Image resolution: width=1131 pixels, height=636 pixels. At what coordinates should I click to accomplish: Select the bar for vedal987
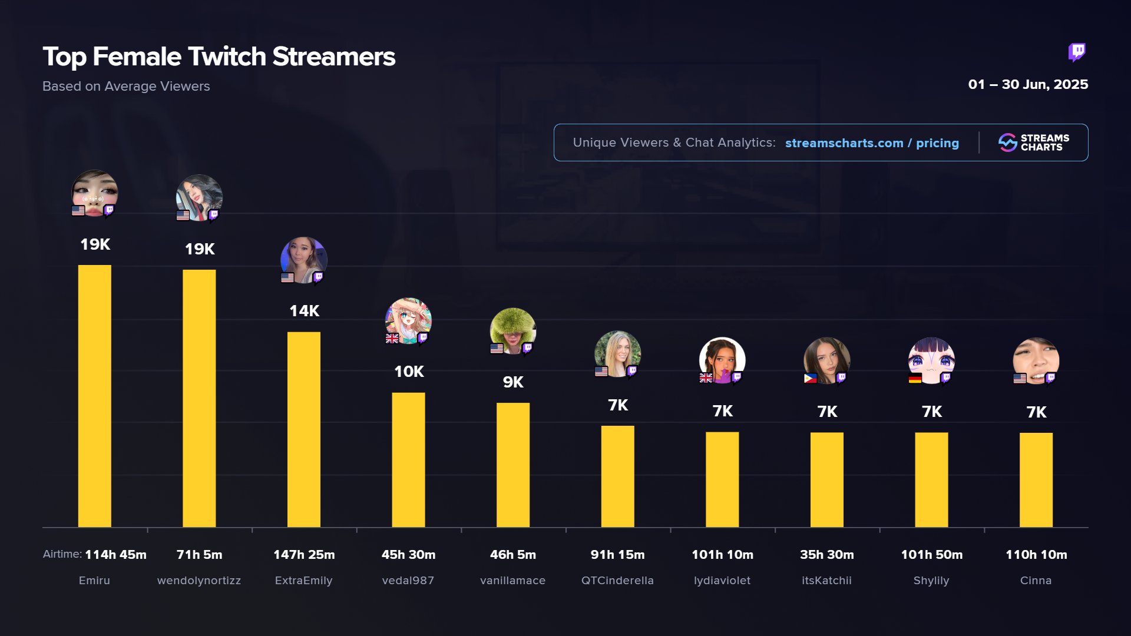[x=408, y=459]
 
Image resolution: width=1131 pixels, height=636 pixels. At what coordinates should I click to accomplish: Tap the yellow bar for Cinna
[x=1036, y=479]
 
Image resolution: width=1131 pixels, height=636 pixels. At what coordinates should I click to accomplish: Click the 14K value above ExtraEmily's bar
[x=304, y=311]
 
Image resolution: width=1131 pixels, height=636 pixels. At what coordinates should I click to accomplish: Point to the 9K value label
[x=513, y=382]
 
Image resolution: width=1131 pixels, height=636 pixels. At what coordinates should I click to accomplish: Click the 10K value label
[x=409, y=372]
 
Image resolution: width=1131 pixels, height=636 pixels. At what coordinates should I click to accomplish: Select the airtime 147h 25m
[x=304, y=555]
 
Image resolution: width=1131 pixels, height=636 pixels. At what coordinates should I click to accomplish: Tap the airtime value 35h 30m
[x=826, y=555]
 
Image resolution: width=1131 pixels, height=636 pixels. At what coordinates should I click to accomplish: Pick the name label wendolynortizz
[x=199, y=581]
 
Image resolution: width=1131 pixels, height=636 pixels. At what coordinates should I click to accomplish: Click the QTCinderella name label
[x=617, y=581]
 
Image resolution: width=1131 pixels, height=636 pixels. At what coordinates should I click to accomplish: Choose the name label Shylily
[x=931, y=581]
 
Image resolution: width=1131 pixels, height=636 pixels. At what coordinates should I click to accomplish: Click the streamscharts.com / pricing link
[x=872, y=143]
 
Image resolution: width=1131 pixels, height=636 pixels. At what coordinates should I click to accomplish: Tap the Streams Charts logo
[x=1033, y=143]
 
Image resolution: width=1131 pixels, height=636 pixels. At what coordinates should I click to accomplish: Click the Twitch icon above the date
[x=1077, y=52]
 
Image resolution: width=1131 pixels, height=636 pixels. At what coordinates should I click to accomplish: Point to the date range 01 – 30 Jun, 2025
[x=1028, y=85]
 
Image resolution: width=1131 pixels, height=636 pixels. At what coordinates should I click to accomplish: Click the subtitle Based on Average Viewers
[x=126, y=87]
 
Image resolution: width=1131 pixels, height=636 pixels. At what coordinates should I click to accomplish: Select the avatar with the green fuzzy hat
[x=512, y=330]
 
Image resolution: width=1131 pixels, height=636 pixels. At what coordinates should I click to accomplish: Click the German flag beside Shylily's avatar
[x=915, y=379]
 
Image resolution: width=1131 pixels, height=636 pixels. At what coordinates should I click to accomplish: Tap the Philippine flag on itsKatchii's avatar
[x=810, y=379]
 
